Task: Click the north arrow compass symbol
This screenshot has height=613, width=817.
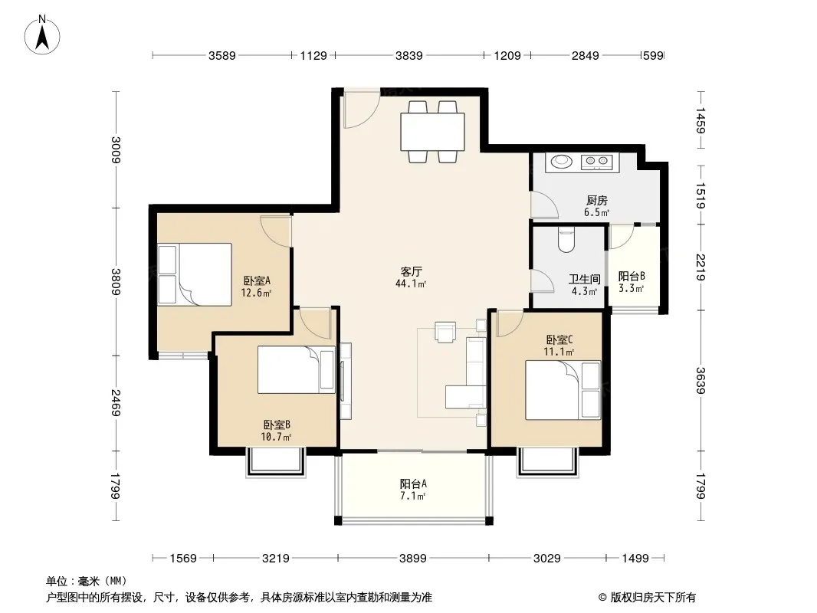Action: pos(42,34)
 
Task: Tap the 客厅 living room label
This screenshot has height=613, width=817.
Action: pos(411,271)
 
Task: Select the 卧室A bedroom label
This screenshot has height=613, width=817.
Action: pos(257,280)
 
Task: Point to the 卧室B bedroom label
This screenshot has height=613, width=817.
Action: pos(277,425)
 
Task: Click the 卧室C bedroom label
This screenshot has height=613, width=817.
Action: pos(559,340)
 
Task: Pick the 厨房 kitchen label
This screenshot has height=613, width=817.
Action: pos(596,201)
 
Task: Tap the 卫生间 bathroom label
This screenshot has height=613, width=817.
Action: pos(584,279)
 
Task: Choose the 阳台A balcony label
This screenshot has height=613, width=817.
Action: pos(413,484)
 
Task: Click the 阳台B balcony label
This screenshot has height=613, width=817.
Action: pos(632,276)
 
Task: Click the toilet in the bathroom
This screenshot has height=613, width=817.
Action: pos(566,240)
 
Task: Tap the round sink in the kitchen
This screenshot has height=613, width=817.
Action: pos(562,162)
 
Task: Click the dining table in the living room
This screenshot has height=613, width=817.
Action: pos(432,131)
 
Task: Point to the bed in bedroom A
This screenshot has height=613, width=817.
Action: pos(195,274)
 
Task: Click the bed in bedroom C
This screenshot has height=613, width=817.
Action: pos(563,390)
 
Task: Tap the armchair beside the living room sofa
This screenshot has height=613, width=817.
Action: pos(445,333)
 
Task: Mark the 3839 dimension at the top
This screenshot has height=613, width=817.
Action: pos(409,55)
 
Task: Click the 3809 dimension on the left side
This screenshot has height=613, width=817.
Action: pos(116,281)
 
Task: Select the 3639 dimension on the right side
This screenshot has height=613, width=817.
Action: pos(701,381)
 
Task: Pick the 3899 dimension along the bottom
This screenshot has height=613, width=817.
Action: pos(412,559)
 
